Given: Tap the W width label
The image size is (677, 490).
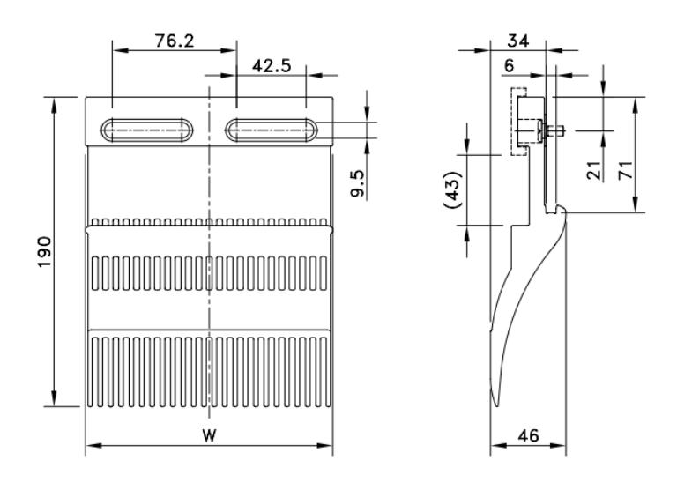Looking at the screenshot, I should [x=209, y=435].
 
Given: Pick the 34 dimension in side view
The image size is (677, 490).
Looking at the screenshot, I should [x=517, y=40].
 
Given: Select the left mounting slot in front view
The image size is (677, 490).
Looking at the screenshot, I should [x=148, y=130].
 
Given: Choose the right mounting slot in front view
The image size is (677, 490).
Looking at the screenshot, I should [x=272, y=130].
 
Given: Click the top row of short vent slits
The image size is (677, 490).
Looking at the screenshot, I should [x=209, y=220].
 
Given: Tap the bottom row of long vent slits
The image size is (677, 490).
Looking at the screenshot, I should [x=209, y=367].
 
